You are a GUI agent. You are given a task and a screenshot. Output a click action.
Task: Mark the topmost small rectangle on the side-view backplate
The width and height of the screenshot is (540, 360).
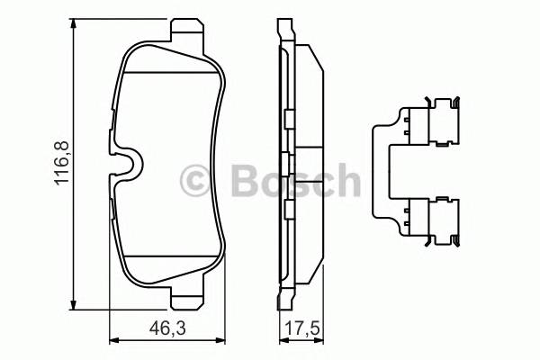[287, 120]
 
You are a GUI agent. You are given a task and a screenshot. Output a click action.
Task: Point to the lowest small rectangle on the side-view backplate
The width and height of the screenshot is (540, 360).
[287, 209]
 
